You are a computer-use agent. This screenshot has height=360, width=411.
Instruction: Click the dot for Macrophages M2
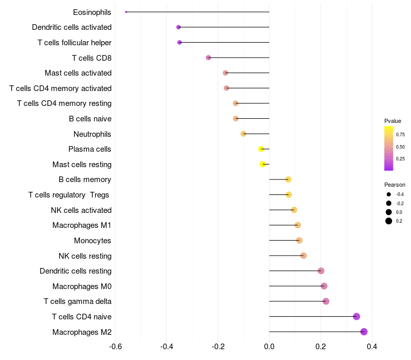[364, 332]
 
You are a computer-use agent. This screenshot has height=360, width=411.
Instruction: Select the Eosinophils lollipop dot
[126, 12]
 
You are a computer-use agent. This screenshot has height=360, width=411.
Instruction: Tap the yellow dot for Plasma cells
[261, 149]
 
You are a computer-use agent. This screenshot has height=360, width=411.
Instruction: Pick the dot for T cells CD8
[208, 58]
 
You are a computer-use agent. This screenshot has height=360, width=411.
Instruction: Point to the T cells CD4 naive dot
[357, 317]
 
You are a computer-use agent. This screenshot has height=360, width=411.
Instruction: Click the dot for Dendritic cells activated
[178, 27]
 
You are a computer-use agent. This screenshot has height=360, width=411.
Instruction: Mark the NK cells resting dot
[303, 256]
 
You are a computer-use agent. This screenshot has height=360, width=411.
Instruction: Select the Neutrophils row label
[92, 134]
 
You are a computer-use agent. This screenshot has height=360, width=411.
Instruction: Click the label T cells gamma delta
[78, 301]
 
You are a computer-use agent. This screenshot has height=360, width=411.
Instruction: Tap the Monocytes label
[92, 241]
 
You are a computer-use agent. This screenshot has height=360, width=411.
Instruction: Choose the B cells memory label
[85, 179]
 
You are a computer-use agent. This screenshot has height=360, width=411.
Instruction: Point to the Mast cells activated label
[78, 73]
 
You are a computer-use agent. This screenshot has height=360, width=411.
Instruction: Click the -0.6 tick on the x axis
[116, 347]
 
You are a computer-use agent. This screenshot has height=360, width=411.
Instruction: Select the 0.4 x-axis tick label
[372, 347]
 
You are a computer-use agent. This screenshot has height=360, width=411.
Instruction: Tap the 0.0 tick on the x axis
[269, 347]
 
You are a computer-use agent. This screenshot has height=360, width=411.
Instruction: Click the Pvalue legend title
[393, 121]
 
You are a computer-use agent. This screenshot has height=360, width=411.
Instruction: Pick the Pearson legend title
[395, 185]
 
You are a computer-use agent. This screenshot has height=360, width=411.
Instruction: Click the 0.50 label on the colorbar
[400, 147]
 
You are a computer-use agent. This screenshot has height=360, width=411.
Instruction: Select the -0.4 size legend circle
[389, 194]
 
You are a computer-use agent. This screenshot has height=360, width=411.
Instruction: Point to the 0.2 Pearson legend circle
[389, 221]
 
